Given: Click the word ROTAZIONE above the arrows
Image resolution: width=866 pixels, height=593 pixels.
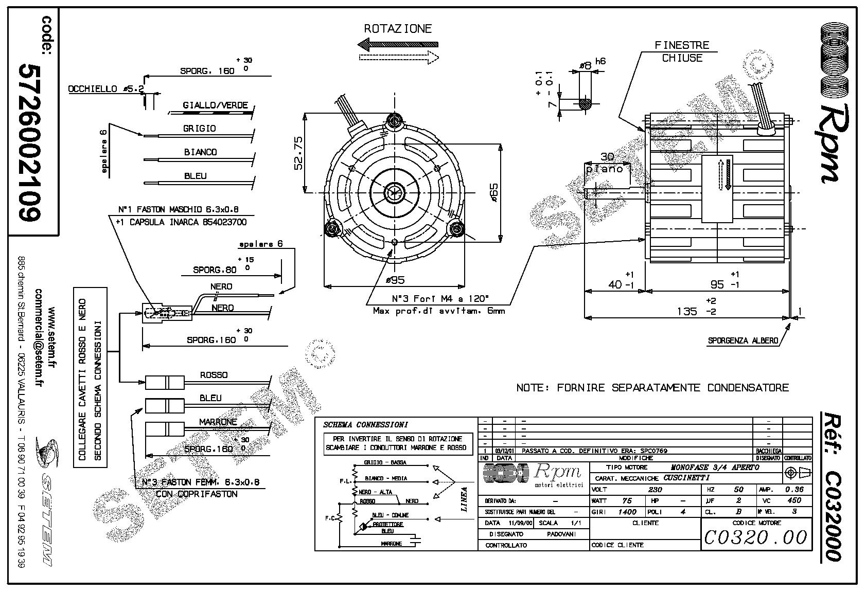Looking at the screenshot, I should pyautogui.click(x=398, y=29).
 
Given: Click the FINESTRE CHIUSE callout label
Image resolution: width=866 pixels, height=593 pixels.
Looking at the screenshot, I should pyautogui.click(x=682, y=51).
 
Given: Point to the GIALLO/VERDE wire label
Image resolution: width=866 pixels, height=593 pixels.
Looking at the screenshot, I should pyautogui.click(x=215, y=105).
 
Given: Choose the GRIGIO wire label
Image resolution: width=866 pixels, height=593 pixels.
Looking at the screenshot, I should pyautogui.click(x=200, y=129).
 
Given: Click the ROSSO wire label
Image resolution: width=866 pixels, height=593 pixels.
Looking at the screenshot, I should pyautogui.click(x=214, y=375).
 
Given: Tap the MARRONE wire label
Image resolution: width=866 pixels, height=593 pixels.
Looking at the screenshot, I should pyautogui.click(x=218, y=422).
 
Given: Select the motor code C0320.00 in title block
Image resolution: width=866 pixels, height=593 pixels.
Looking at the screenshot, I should pyautogui.click(x=755, y=537).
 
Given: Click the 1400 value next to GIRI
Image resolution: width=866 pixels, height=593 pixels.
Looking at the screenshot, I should pyautogui.click(x=628, y=512).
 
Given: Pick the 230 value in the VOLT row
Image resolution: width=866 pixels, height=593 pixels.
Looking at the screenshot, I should pyautogui.click(x=655, y=490).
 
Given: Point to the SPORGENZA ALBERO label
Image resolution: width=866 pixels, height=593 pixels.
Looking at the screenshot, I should pyautogui.click(x=743, y=340).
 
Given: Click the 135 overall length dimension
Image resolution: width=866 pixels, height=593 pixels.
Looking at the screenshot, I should pyautogui.click(x=687, y=311).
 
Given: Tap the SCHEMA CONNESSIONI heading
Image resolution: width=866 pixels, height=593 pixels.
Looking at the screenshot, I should pyautogui.click(x=365, y=425).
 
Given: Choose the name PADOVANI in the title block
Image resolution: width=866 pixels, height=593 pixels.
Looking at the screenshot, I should pyautogui.click(x=561, y=534).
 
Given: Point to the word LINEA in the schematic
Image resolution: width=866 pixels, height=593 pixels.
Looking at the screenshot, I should pyautogui.click(x=464, y=499).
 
